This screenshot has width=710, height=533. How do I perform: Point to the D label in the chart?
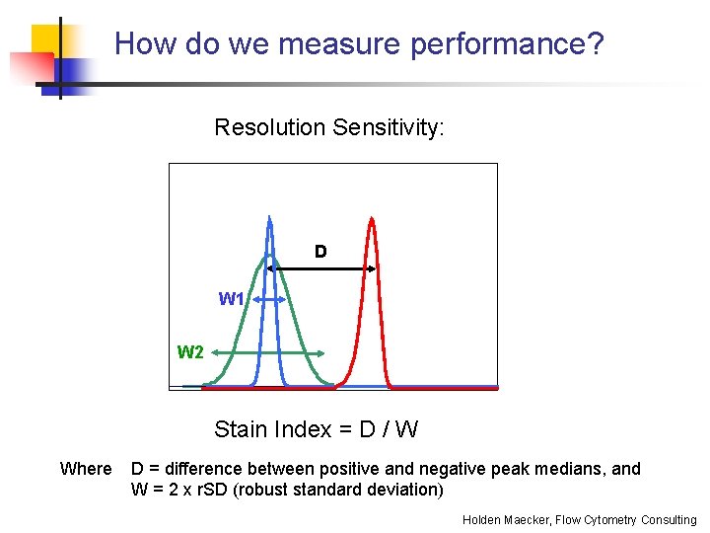point(320,252)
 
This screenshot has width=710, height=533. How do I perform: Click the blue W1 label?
point(232,299)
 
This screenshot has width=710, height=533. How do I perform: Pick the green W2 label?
point(190,352)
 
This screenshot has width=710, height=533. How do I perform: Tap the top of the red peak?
point(371,219)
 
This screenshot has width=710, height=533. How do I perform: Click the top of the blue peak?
point(269,217)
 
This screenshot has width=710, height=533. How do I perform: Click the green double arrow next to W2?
point(269,353)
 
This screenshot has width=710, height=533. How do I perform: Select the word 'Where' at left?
point(86,469)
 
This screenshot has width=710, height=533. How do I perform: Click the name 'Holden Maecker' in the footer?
point(509,520)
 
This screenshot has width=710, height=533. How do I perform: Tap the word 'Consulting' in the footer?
point(668,520)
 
